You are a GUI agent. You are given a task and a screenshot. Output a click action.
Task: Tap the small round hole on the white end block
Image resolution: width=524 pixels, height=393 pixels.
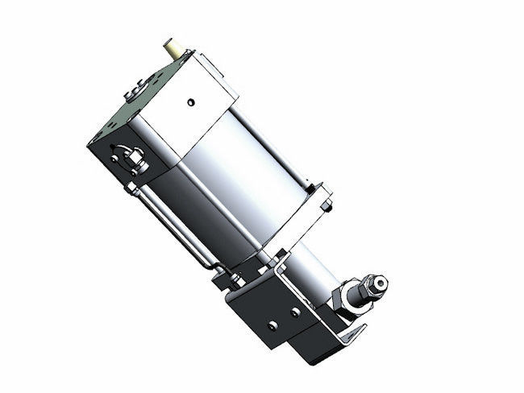click(190, 102)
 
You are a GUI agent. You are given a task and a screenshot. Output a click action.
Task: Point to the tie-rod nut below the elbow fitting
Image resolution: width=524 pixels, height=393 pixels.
click(131, 188)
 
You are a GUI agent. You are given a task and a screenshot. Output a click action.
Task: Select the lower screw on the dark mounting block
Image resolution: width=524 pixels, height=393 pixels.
click(272, 325)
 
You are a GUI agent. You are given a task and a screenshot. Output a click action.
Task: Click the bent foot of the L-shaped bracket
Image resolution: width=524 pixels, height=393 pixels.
click(351, 333)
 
